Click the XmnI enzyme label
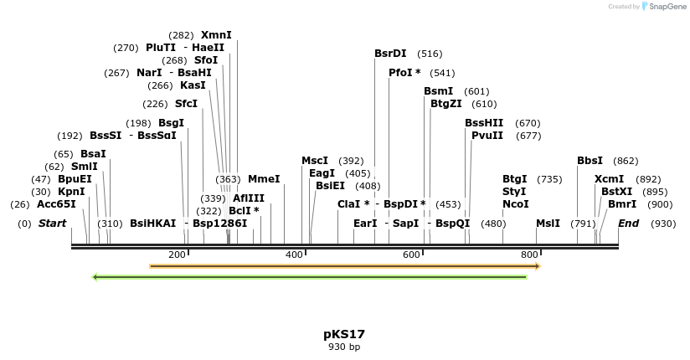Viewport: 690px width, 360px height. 216,35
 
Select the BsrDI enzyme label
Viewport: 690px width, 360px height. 390,54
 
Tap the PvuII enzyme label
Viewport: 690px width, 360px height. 487,136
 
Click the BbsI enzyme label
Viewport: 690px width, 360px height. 590,161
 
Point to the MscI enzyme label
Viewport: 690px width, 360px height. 315,161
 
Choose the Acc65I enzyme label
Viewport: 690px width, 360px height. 56,204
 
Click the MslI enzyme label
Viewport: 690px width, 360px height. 548,224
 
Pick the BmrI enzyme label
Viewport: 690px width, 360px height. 622,204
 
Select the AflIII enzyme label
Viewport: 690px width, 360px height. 249,198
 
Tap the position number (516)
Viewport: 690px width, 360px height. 430,54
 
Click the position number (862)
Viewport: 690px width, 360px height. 626,161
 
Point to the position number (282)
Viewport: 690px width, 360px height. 181,35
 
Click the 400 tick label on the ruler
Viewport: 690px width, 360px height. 294,255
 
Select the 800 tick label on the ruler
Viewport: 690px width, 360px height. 529,255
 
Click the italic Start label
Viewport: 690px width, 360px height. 52,224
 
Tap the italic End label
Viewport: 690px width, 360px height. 628,224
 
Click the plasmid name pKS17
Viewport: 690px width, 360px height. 344,334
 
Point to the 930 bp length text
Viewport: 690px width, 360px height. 344,347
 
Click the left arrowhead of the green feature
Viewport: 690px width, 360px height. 95,276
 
